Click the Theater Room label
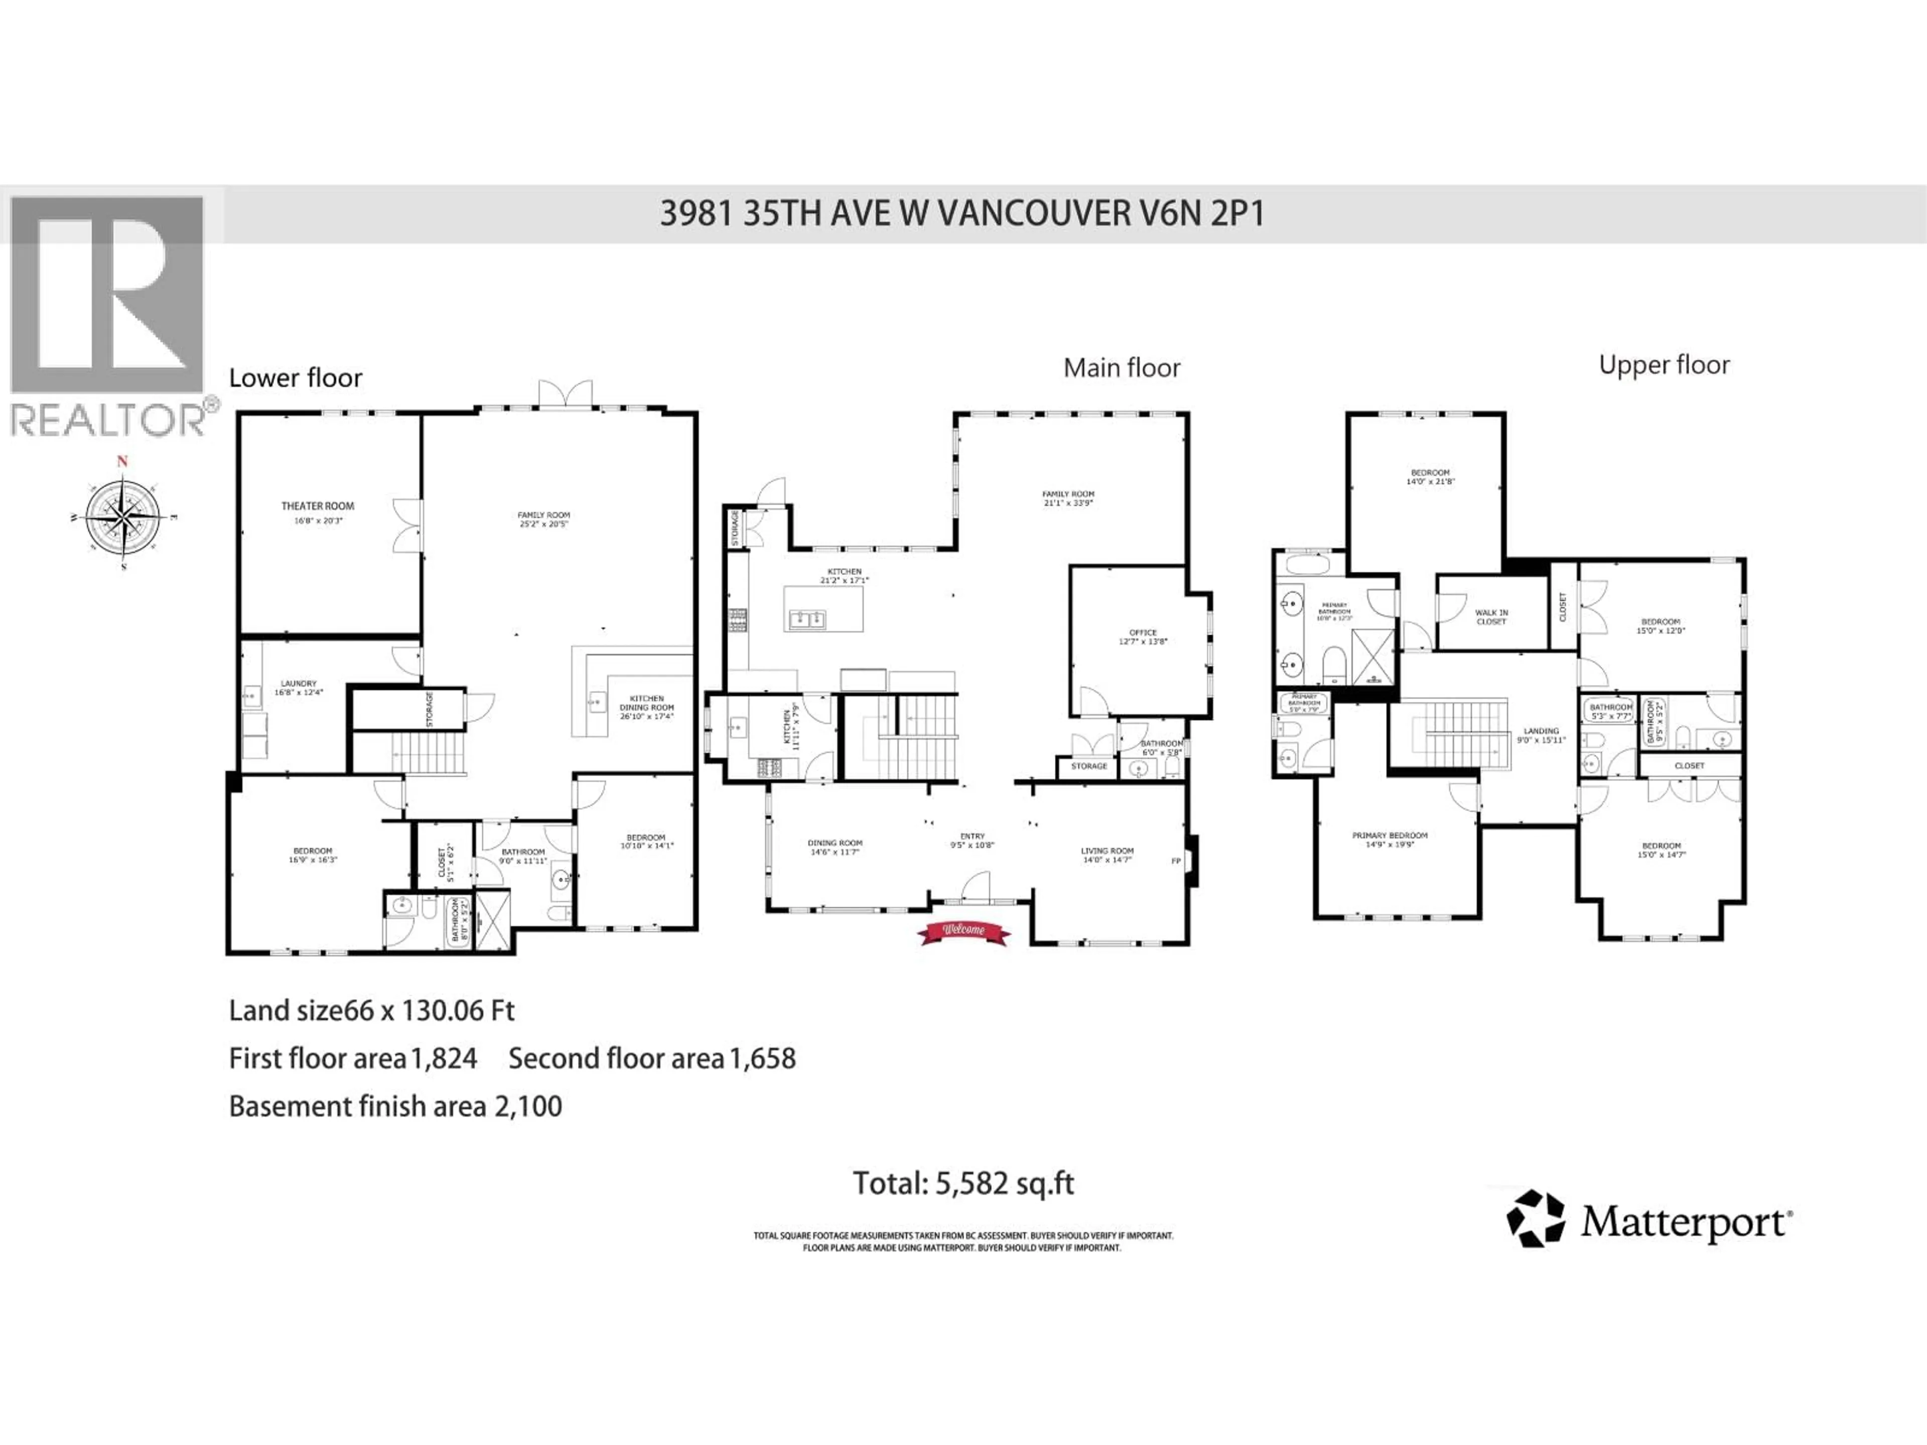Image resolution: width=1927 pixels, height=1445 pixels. [317, 506]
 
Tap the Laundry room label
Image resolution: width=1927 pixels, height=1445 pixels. [298, 684]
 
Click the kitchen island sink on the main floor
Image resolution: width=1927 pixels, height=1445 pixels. [807, 619]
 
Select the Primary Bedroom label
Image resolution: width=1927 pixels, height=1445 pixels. [1390, 835]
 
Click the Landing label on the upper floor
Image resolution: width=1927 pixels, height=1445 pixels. [1541, 732]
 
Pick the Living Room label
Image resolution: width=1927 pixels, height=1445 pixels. [1107, 851]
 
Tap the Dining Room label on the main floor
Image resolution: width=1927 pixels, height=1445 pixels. [835, 843]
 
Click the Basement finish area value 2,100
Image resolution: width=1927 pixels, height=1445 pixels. [528, 1107]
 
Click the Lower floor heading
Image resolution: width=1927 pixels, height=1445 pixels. [295, 378]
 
